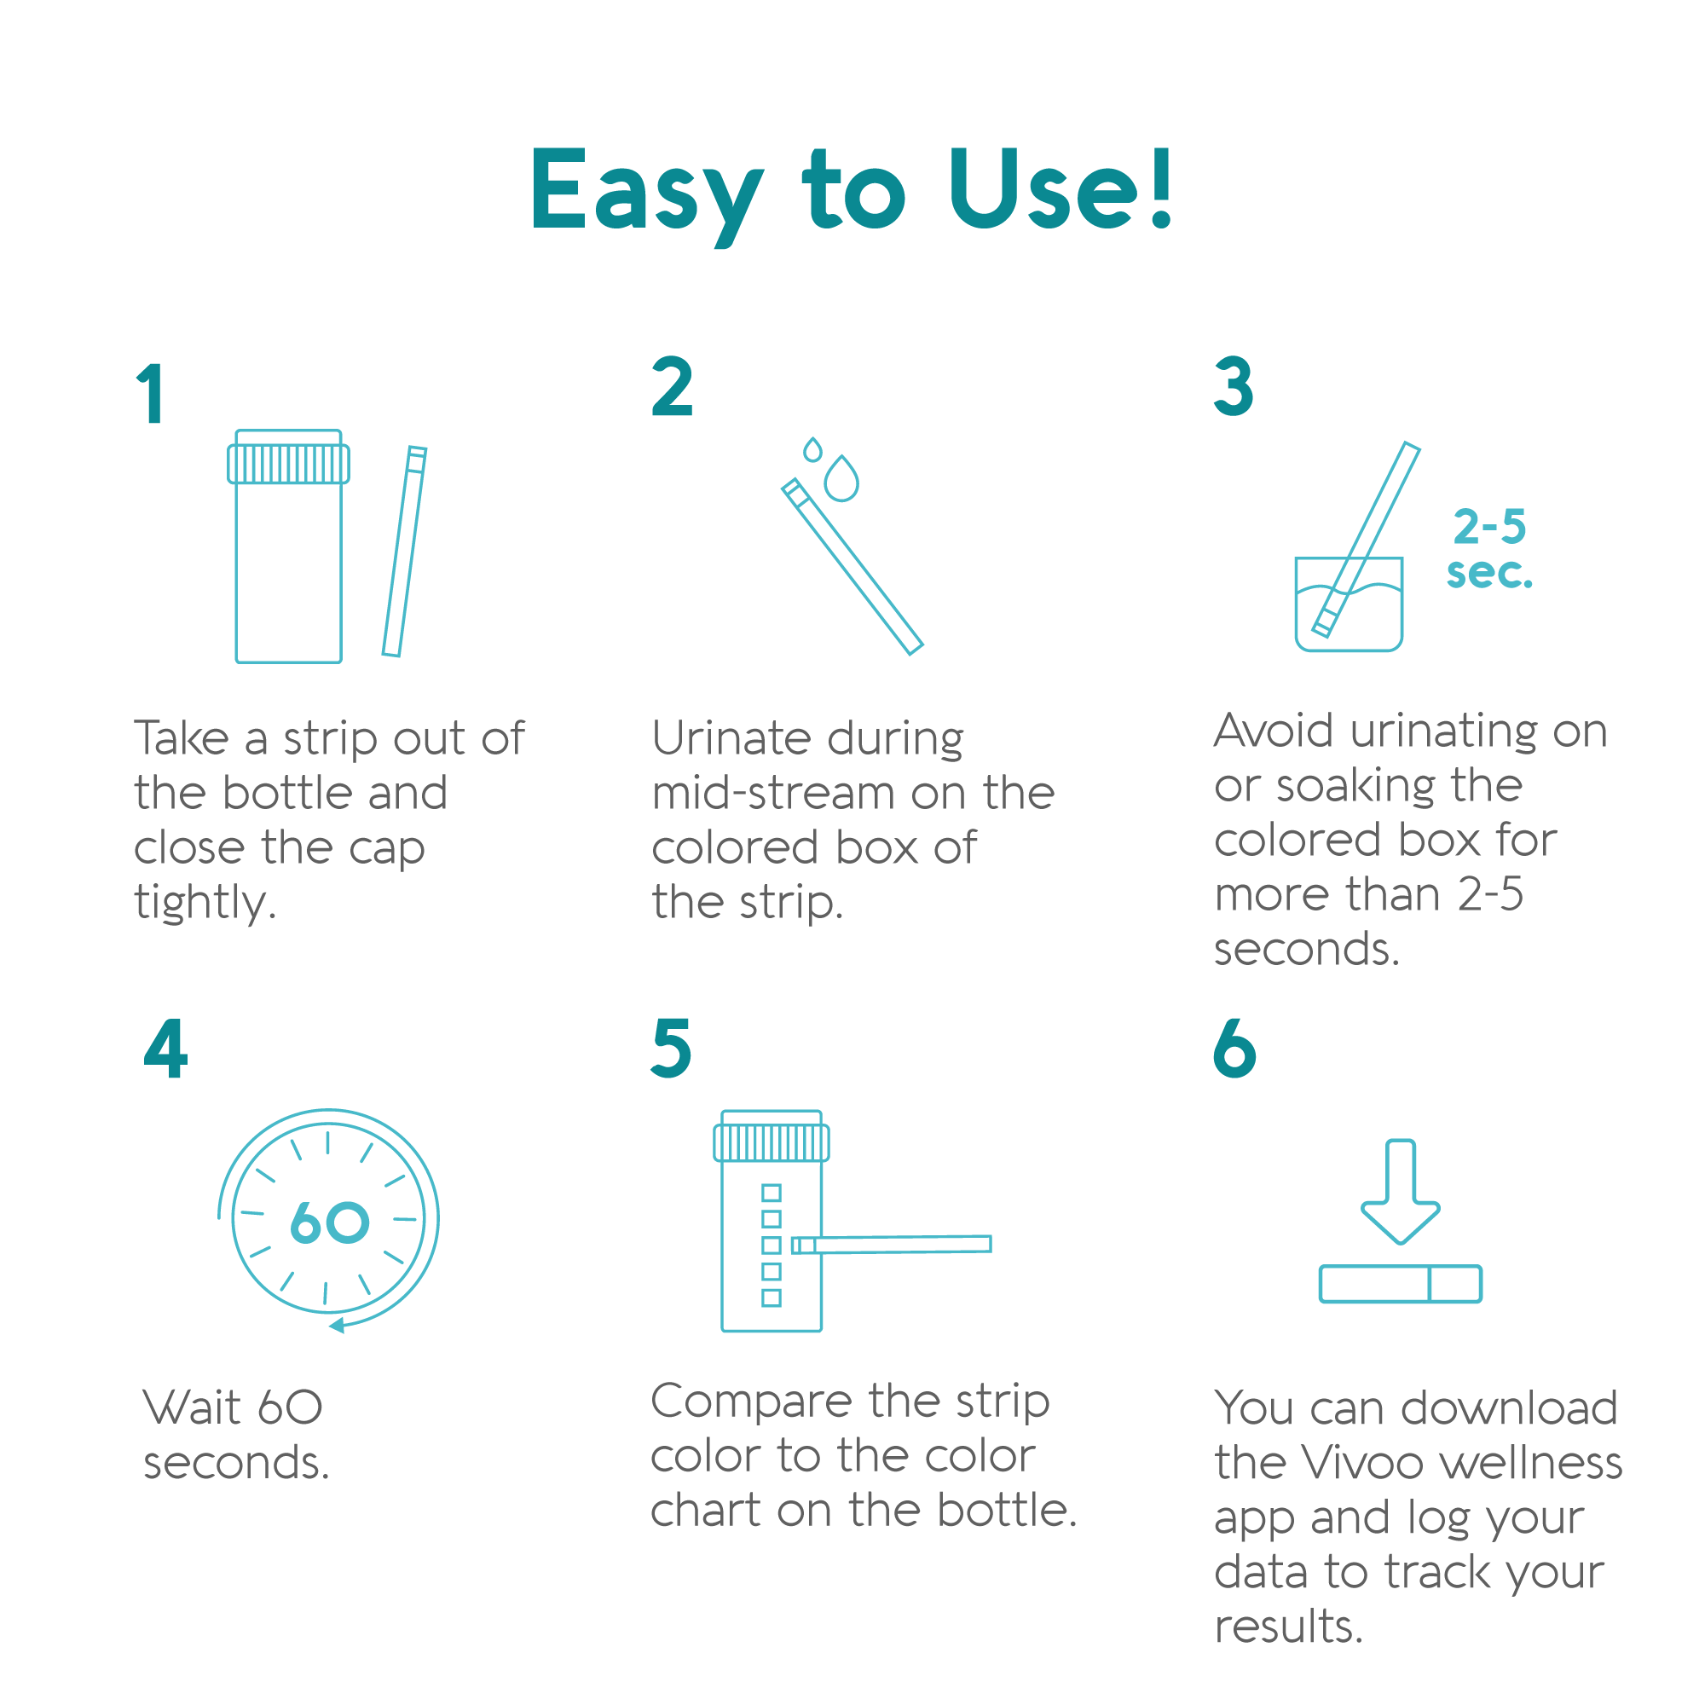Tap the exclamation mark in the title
(x=1161, y=187)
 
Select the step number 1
(x=151, y=393)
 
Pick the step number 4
(x=165, y=1048)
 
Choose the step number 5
(x=671, y=1048)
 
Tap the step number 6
(x=1234, y=1048)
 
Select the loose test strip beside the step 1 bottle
(x=404, y=552)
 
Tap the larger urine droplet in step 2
(x=841, y=478)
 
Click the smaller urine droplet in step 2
(x=812, y=449)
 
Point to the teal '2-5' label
(x=1489, y=527)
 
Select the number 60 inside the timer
(x=329, y=1222)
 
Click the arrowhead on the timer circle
(x=336, y=1325)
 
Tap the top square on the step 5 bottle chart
(x=772, y=1193)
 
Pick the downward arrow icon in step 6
(x=1401, y=1192)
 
